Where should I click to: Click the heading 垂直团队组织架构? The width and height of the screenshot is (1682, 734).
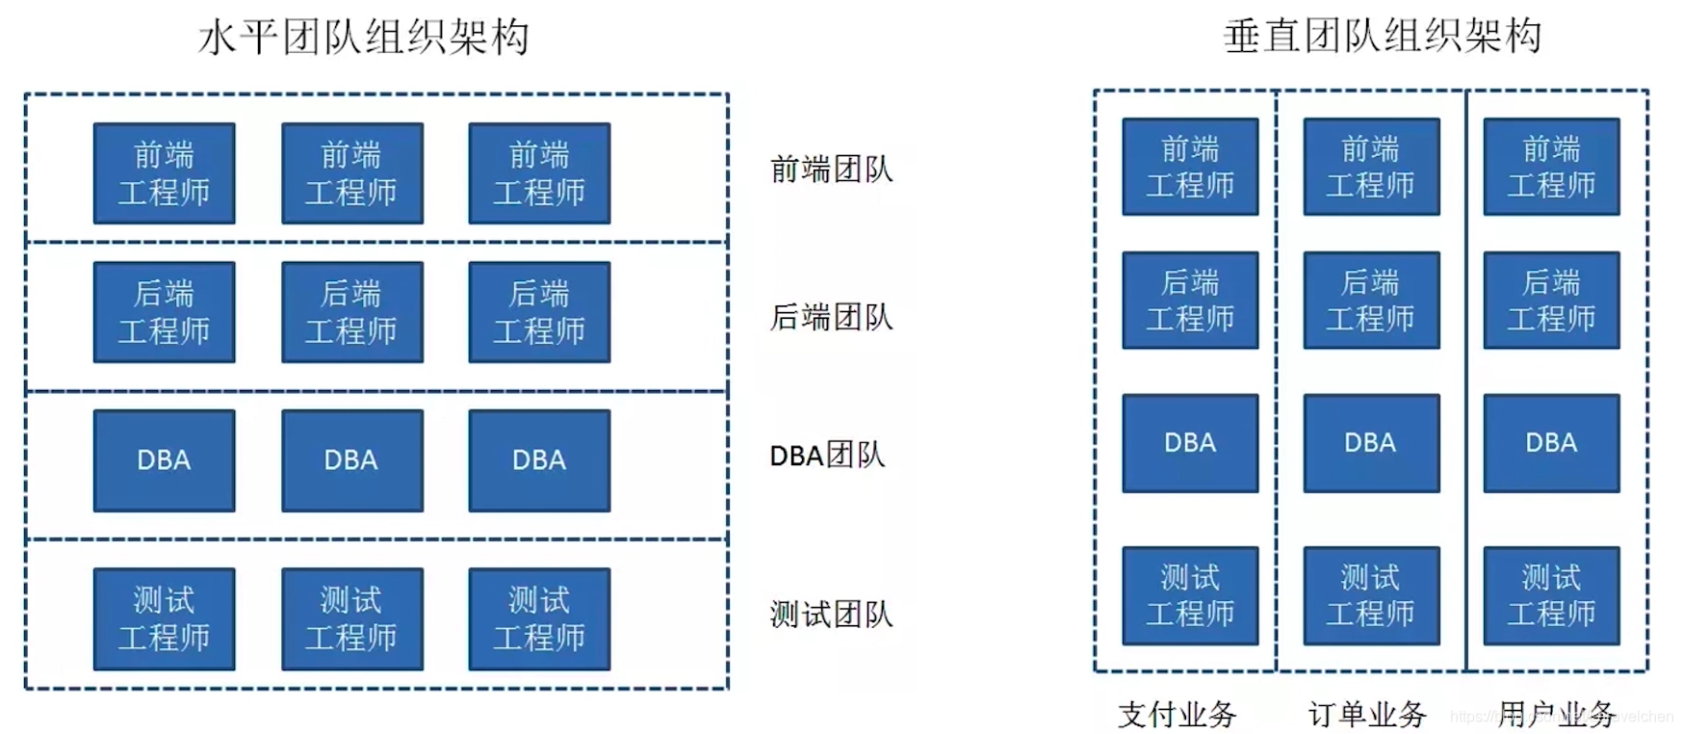pyautogui.click(x=1382, y=37)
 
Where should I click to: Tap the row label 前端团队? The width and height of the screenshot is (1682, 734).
pyautogui.click(x=831, y=170)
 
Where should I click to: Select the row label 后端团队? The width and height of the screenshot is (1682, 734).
pyautogui.click(x=831, y=317)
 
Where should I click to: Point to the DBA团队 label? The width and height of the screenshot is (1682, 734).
pyautogui.click(x=827, y=455)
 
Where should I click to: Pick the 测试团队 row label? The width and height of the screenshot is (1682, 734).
pyautogui.click(x=831, y=614)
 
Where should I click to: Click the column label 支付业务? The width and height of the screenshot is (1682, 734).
pyautogui.click(x=1177, y=714)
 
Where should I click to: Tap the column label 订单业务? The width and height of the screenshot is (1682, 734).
pyautogui.click(x=1367, y=714)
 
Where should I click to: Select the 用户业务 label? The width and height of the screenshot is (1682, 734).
pyautogui.click(x=1556, y=714)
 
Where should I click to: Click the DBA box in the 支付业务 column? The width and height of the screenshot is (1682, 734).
pyautogui.click(x=1190, y=443)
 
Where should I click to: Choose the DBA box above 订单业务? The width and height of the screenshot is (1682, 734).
pyautogui.click(x=1371, y=443)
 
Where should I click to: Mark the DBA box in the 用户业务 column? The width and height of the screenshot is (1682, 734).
pyautogui.click(x=1551, y=443)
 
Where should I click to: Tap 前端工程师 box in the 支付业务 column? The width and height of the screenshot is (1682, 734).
pyautogui.click(x=1190, y=167)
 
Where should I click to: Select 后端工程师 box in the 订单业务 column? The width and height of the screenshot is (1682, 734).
pyautogui.click(x=1371, y=301)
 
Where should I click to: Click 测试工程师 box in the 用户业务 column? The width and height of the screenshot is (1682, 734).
pyautogui.click(x=1551, y=595)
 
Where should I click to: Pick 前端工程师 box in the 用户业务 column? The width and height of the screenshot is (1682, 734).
pyautogui.click(x=1551, y=167)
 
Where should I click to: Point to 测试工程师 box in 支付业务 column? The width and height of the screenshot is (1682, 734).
pyautogui.click(x=1190, y=595)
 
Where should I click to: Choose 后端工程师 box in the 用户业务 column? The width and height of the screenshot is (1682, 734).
pyautogui.click(x=1551, y=301)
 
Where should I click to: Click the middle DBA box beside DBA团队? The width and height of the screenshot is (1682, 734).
pyautogui.click(x=351, y=460)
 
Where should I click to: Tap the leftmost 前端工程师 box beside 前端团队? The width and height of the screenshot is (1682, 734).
pyautogui.click(x=164, y=173)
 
